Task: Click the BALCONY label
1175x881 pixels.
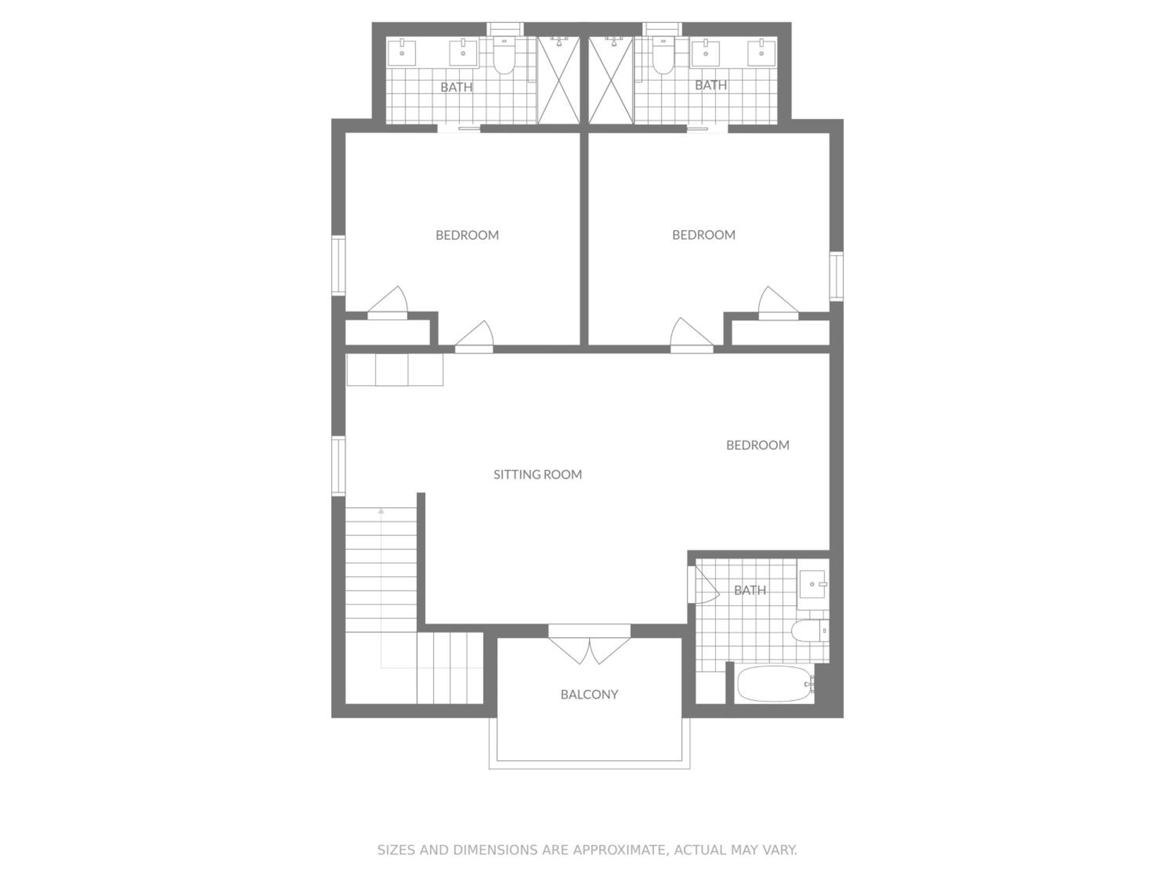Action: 589,694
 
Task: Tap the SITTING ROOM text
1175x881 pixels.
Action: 538,474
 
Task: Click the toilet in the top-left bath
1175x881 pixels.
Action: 504,55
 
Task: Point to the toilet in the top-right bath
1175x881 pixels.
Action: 663,55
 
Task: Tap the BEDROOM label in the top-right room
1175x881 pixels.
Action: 704,235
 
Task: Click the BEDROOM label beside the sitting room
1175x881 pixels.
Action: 757,445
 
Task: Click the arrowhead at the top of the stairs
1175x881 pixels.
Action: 381,511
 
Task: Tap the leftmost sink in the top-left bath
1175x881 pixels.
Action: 402,53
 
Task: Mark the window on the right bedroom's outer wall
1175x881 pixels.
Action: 837,276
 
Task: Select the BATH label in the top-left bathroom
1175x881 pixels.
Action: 456,87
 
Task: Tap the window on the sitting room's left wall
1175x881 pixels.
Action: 338,466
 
